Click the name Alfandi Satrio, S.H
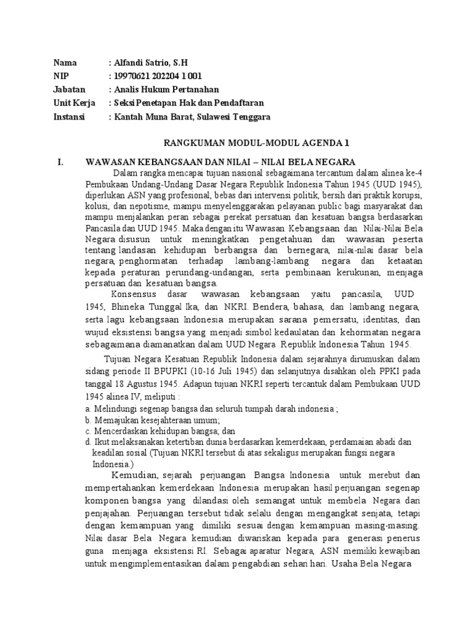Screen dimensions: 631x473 click(x=152, y=63)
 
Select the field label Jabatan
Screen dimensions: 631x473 click(x=68, y=89)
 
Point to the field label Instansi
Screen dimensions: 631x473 click(x=70, y=116)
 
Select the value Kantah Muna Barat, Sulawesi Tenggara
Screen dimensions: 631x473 click(x=192, y=116)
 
